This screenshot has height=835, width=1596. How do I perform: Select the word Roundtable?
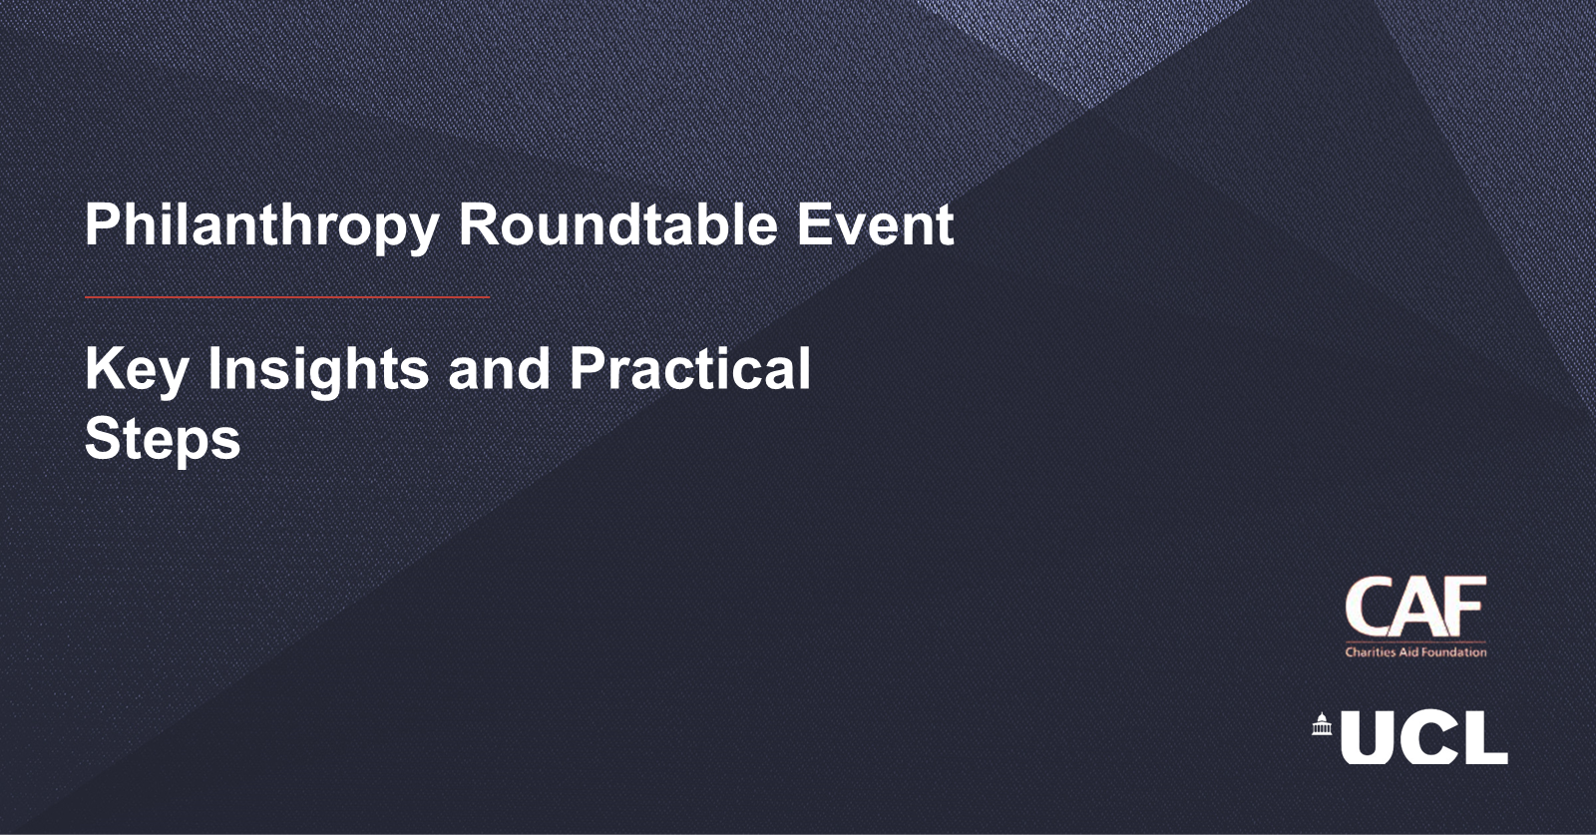(617, 224)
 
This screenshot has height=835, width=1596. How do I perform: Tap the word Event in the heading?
(875, 224)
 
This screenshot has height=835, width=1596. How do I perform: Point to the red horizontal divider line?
(287, 297)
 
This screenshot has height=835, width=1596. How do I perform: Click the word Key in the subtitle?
(137, 371)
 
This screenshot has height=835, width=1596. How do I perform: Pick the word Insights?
(318, 371)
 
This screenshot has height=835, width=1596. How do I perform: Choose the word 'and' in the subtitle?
(499, 368)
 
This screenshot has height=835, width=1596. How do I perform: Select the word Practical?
(689, 368)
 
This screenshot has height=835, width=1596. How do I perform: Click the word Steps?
(163, 441)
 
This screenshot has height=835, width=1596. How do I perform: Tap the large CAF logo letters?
(1415, 607)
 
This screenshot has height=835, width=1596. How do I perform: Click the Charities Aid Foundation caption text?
(1415, 651)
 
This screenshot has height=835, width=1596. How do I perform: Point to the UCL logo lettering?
(1423, 737)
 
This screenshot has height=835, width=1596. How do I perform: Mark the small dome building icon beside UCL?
(1323, 724)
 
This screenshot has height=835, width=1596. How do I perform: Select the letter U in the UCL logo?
(1367, 737)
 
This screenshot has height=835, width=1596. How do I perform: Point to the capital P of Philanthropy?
(104, 223)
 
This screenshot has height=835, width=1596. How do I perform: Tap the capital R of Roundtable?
(480, 223)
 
